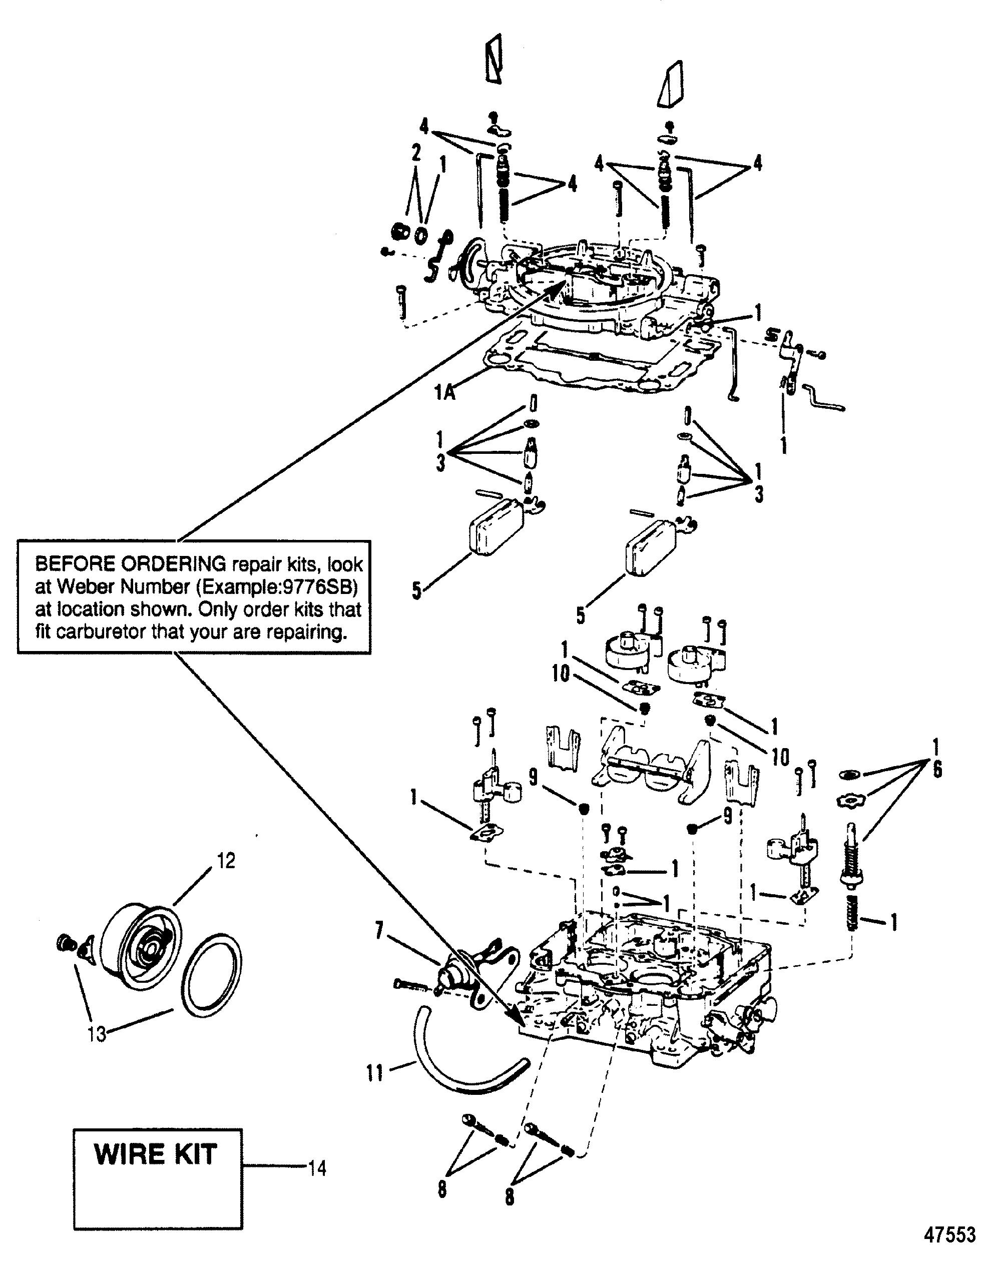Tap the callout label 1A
click(x=445, y=394)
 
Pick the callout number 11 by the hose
click(x=375, y=1072)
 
